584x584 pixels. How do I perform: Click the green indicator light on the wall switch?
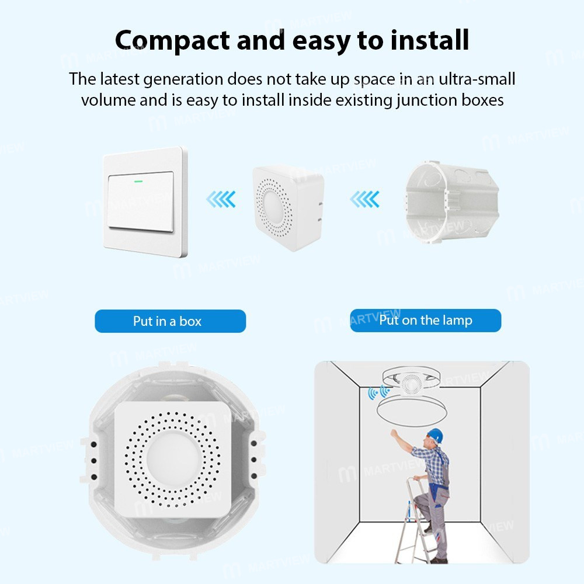[138, 182]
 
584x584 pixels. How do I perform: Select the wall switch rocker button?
[141, 201]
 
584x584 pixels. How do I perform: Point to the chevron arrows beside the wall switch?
[221, 199]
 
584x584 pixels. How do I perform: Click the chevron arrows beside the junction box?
[364, 199]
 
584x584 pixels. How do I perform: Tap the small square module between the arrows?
[287, 207]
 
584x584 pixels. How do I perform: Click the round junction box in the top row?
[452, 203]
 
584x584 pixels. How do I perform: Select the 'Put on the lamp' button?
[426, 320]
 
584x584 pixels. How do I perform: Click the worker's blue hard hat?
[435, 435]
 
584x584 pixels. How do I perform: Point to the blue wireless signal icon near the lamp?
[378, 392]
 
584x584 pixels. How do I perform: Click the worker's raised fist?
[393, 433]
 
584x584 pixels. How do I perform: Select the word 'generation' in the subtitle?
[183, 79]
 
